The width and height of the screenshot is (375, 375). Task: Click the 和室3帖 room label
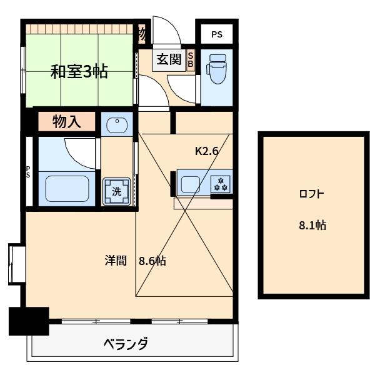point(79,71)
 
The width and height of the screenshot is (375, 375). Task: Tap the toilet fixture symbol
point(217,69)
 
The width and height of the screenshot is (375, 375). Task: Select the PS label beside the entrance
point(217,34)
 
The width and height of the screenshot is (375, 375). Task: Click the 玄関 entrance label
point(169,59)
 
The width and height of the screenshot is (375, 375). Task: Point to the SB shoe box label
point(191,60)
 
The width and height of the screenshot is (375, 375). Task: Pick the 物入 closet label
point(67,122)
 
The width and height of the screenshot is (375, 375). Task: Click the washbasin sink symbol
point(117,125)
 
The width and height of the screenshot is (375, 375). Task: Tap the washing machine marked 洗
point(116,192)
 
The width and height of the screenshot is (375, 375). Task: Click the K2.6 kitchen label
point(207,151)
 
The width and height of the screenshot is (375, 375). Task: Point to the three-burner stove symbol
point(221,184)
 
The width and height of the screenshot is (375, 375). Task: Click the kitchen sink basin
point(191,184)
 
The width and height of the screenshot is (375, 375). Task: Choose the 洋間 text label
point(116,261)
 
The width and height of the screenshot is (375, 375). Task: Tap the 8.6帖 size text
point(152,261)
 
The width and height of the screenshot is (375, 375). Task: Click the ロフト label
point(311,194)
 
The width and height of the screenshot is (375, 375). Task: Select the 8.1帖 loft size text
point(312,225)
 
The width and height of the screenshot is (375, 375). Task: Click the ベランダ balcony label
point(126,344)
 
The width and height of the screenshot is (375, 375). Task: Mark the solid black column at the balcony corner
point(29,321)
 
